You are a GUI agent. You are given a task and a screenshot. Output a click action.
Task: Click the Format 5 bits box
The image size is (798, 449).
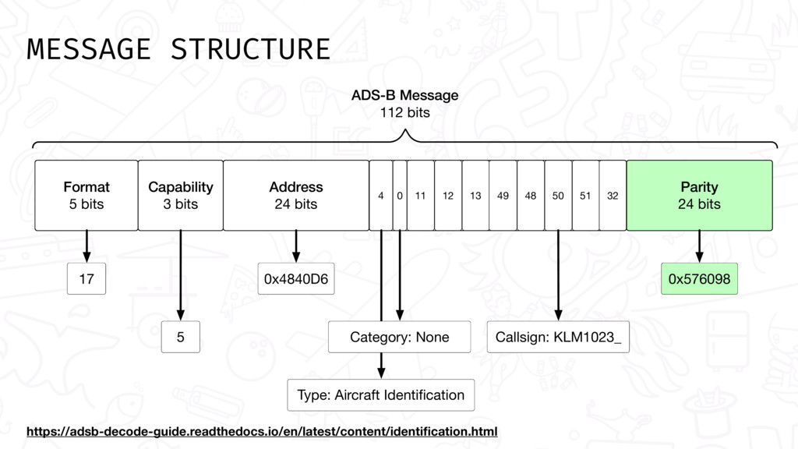tap(87, 196)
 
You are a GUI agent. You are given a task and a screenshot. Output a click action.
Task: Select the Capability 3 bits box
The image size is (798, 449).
tap(181, 196)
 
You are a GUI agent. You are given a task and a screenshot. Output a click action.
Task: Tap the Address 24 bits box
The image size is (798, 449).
tap(296, 196)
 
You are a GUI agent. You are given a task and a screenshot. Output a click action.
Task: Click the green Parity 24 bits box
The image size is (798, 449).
tap(699, 196)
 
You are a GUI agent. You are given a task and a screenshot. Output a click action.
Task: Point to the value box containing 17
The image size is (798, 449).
tap(87, 278)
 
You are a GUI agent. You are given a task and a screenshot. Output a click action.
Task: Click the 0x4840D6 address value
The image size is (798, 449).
tap(296, 278)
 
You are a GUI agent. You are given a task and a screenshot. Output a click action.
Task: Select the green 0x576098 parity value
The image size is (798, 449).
tap(699, 278)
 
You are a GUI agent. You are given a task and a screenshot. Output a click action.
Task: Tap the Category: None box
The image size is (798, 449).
tap(400, 337)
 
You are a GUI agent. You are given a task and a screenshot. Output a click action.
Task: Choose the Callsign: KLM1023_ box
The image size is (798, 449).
tap(558, 337)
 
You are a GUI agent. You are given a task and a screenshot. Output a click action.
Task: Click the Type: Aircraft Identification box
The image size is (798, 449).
tap(380, 395)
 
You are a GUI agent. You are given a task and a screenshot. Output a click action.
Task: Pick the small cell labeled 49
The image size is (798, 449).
tap(503, 196)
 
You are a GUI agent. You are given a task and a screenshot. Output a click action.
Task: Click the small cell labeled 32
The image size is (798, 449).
tap(613, 196)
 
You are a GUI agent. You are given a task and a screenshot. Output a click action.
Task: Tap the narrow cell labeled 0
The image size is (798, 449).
tap(400, 196)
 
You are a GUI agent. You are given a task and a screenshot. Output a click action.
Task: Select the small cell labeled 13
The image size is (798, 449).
tap(475, 196)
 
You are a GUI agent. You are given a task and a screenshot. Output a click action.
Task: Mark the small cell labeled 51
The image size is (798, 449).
tap(585, 196)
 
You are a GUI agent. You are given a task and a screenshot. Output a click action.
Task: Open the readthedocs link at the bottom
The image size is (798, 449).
tap(262, 432)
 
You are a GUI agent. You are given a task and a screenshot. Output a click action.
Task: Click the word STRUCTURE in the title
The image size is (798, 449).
tap(250, 49)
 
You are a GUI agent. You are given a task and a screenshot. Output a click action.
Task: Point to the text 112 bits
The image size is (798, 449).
tap(405, 112)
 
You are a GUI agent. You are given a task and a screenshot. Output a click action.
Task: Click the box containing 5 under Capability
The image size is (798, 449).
tap(181, 337)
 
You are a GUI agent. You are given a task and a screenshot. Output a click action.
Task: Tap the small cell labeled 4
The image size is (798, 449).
tap(380, 196)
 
